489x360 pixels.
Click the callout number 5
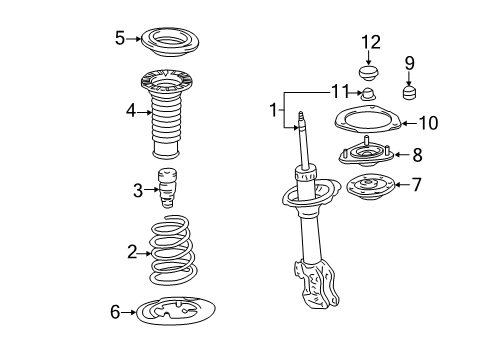point(120,38)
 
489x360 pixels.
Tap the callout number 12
point(371,42)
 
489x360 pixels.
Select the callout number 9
point(409,63)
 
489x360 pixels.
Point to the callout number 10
point(428,123)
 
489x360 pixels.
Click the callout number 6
point(115,312)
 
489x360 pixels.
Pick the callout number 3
point(138,191)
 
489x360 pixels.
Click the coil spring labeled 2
point(172,250)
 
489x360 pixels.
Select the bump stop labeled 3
point(167,188)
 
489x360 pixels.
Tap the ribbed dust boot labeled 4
point(167,113)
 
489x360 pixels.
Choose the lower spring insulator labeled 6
point(176,311)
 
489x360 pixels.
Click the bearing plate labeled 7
point(370,186)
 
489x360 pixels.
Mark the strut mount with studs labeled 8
point(366,154)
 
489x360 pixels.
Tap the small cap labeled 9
point(410,93)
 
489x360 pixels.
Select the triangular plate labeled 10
point(368,119)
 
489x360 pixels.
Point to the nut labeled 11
point(368,94)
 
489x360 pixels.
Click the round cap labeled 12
point(369,74)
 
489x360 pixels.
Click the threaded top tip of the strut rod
point(301,114)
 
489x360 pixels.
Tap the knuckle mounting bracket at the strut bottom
point(316,284)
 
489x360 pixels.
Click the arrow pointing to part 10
point(410,123)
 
